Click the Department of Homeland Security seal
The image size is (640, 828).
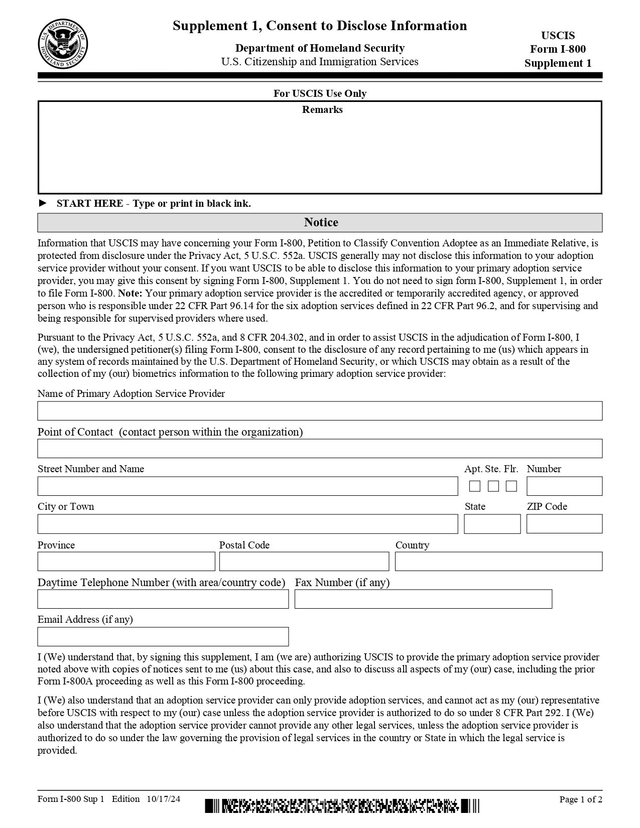coord(63,45)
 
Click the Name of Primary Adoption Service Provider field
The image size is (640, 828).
coord(320,410)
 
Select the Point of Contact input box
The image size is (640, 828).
coord(320,448)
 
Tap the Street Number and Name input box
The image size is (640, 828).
coord(247,486)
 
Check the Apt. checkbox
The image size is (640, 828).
coord(475,486)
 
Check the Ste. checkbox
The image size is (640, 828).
coord(493,486)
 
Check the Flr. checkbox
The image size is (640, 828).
coord(511,486)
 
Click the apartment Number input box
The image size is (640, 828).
coord(564,486)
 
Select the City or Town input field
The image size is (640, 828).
coord(247,523)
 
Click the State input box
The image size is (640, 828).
coord(492,523)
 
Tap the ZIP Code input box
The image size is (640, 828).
coord(564,523)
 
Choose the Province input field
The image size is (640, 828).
coord(126,561)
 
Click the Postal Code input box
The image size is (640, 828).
coord(304,561)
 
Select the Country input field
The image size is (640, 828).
coord(498,561)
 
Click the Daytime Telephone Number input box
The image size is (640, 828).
coord(163,599)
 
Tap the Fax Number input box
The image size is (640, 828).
coord(423,599)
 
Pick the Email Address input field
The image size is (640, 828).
coord(163,636)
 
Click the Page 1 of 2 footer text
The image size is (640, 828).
coord(581,799)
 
